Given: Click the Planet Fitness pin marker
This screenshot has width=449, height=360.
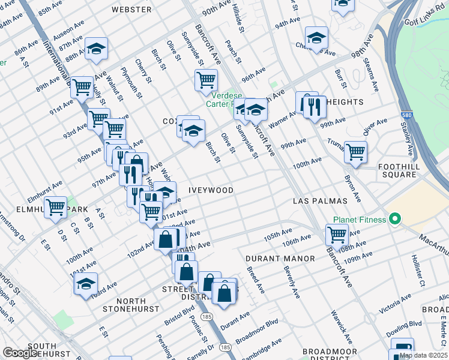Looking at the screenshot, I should tap(394, 220).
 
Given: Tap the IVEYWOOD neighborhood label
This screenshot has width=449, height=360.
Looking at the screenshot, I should tap(211, 190).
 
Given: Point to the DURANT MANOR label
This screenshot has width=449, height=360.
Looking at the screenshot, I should tap(280, 259).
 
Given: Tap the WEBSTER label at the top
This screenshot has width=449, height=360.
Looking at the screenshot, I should tap(131, 10).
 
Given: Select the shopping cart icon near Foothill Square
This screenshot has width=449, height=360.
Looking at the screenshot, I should tap(355, 151).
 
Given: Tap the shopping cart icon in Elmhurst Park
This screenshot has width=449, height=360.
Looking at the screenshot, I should tap(56, 208).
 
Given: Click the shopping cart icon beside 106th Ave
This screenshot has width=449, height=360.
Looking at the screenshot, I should tap(337, 235).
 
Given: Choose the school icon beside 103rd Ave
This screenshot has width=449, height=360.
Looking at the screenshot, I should tap(86, 283).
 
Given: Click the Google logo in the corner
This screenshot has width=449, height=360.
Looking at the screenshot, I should tap(21, 353).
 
